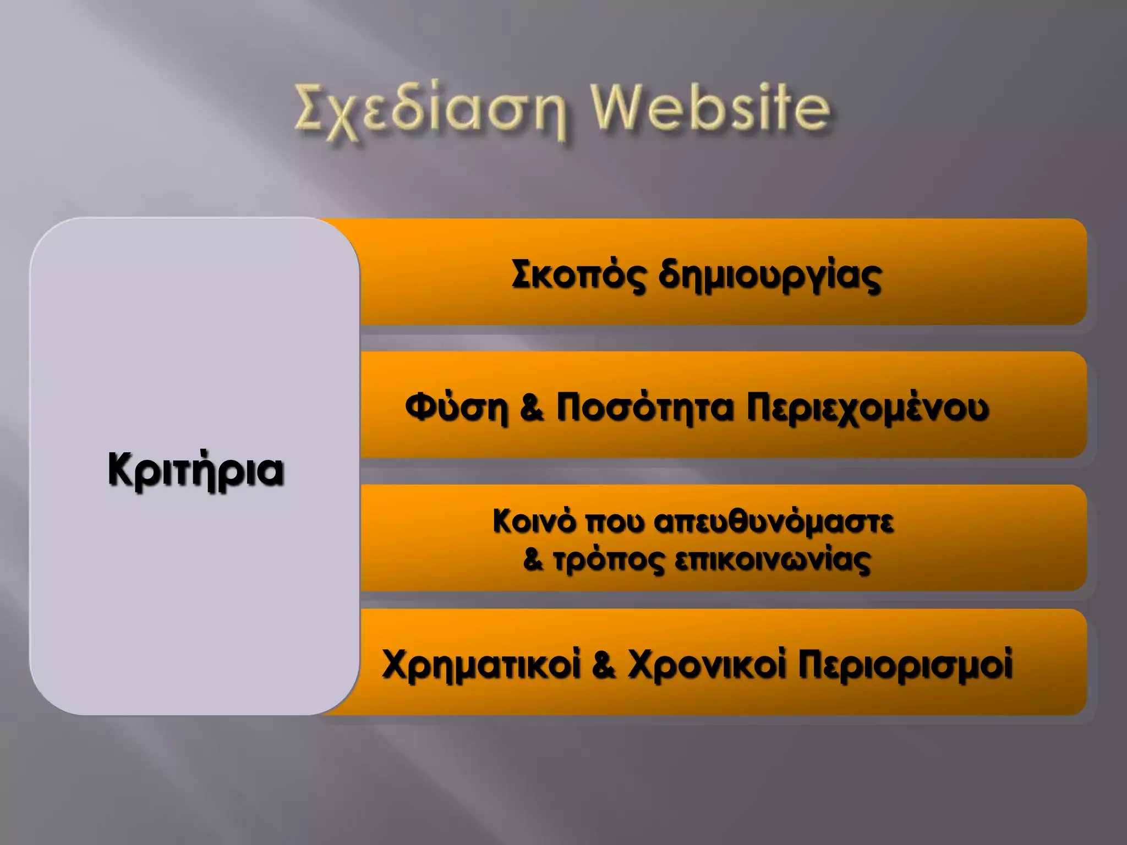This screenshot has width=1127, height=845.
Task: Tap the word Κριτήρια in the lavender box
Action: click(196, 471)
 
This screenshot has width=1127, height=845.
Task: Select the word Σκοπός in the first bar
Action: click(578, 275)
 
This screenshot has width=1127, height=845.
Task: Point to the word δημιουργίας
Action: click(770, 276)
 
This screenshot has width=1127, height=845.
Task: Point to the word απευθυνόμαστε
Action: click(774, 522)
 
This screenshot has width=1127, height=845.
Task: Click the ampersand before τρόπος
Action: click(533, 560)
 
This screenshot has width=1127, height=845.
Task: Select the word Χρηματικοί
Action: click(482, 665)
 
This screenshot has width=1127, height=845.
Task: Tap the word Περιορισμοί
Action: click(905, 665)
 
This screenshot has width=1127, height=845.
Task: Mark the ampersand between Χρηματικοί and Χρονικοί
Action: click(604, 665)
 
